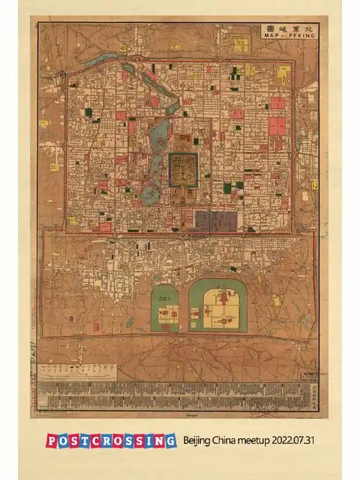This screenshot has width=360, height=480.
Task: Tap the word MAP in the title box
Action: [271, 34]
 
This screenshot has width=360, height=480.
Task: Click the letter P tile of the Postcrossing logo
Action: [53, 440]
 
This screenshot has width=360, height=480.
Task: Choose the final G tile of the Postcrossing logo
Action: [169, 440]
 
